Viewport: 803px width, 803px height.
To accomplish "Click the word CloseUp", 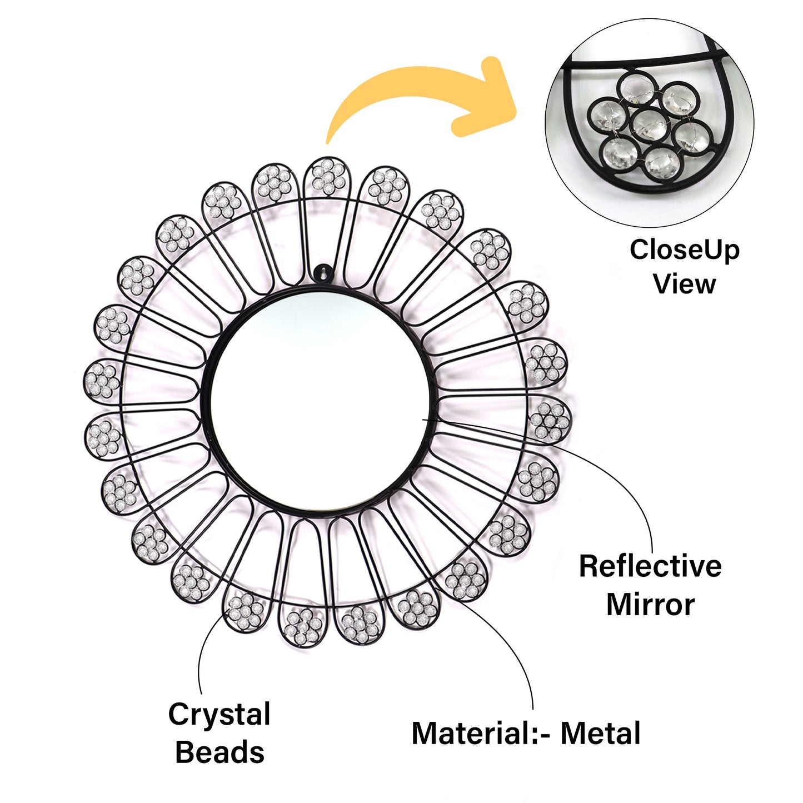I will pos(684,250).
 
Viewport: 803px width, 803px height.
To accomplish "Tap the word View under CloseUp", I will pos(684,284).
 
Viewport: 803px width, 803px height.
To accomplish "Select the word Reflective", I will pos(650,566).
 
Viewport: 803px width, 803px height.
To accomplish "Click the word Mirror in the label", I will pos(650,605).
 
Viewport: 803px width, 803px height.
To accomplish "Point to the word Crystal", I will pos(220,715).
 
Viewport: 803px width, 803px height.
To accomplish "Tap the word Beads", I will pos(220,752).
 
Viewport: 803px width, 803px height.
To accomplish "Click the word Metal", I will pos(600,734).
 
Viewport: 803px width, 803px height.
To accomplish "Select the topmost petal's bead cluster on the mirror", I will pos(328,176).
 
